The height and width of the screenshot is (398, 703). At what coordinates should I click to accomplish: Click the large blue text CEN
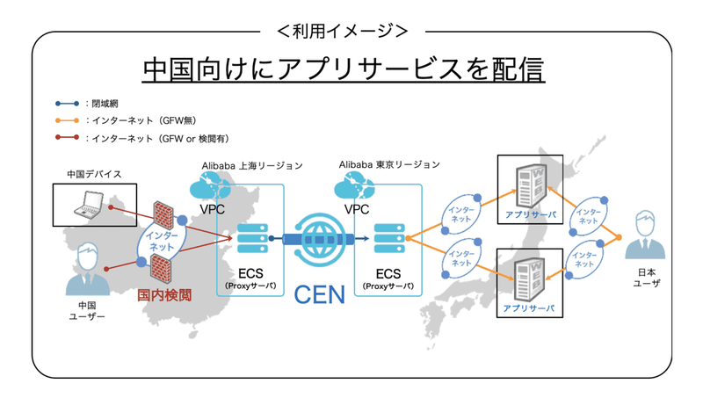(x=318, y=293)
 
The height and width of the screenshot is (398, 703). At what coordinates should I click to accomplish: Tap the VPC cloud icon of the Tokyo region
(x=356, y=187)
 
